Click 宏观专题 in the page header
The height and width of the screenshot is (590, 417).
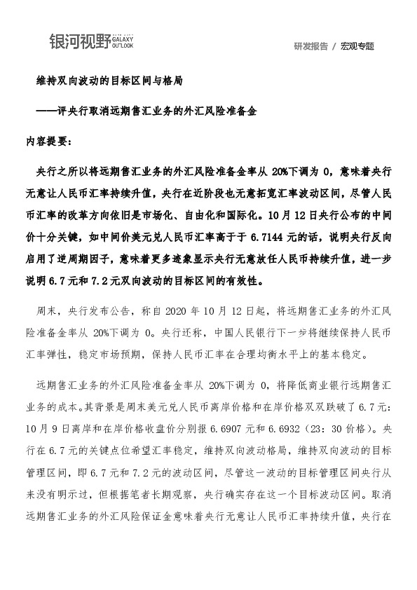(357, 46)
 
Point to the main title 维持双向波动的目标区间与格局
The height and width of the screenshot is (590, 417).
(109, 81)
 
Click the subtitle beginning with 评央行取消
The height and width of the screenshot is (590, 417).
(154, 111)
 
